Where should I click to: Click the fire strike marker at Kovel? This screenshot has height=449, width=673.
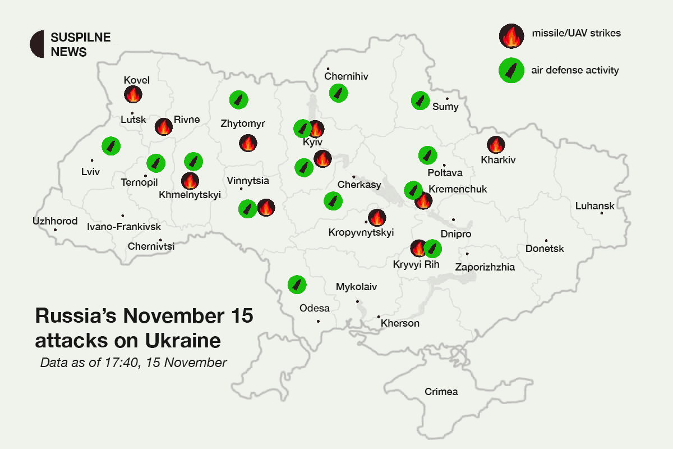click(x=133, y=94)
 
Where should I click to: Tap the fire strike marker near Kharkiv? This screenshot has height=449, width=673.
click(x=496, y=145)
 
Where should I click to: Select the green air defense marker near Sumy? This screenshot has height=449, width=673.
click(x=420, y=100)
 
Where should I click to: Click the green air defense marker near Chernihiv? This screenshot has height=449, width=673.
click(x=338, y=93)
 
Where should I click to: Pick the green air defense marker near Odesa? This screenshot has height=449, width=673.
click(x=297, y=284)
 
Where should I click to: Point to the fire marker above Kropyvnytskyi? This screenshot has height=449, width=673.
click(x=377, y=218)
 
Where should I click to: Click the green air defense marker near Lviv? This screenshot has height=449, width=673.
click(x=111, y=146)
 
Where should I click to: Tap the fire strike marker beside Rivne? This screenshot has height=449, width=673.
click(x=164, y=127)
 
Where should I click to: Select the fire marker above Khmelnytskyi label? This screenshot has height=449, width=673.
click(x=190, y=181)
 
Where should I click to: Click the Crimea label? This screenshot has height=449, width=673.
click(x=441, y=392)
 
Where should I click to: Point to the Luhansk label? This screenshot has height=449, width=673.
click(x=594, y=206)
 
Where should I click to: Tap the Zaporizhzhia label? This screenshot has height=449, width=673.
click(x=485, y=267)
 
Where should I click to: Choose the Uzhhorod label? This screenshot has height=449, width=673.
click(x=55, y=221)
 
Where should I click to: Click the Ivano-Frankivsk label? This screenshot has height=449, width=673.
click(x=124, y=227)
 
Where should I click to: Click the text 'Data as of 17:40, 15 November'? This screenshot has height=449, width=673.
click(x=133, y=363)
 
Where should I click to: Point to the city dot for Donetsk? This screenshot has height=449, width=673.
click(x=546, y=241)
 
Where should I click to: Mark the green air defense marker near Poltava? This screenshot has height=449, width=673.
click(x=428, y=154)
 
